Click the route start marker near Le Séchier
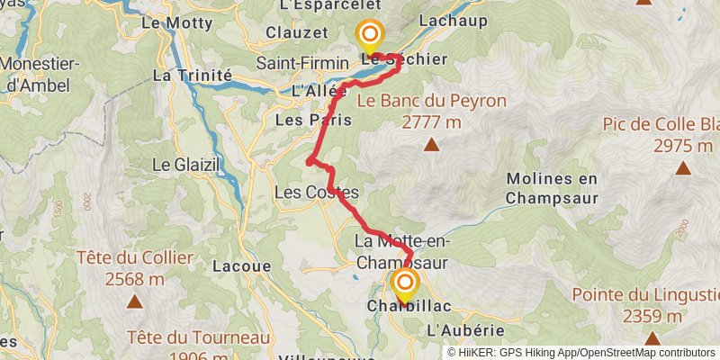click(369, 37)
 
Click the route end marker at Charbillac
click(404, 285)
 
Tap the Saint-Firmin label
click(301, 63)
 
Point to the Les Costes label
click(316, 193)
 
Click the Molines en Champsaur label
click(564, 187)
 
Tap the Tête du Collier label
click(135, 258)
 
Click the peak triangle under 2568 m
click(134, 301)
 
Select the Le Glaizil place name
click(186, 165)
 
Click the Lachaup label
click(453, 20)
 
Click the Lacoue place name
click(237, 266)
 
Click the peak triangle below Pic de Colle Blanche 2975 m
click(684, 167)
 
